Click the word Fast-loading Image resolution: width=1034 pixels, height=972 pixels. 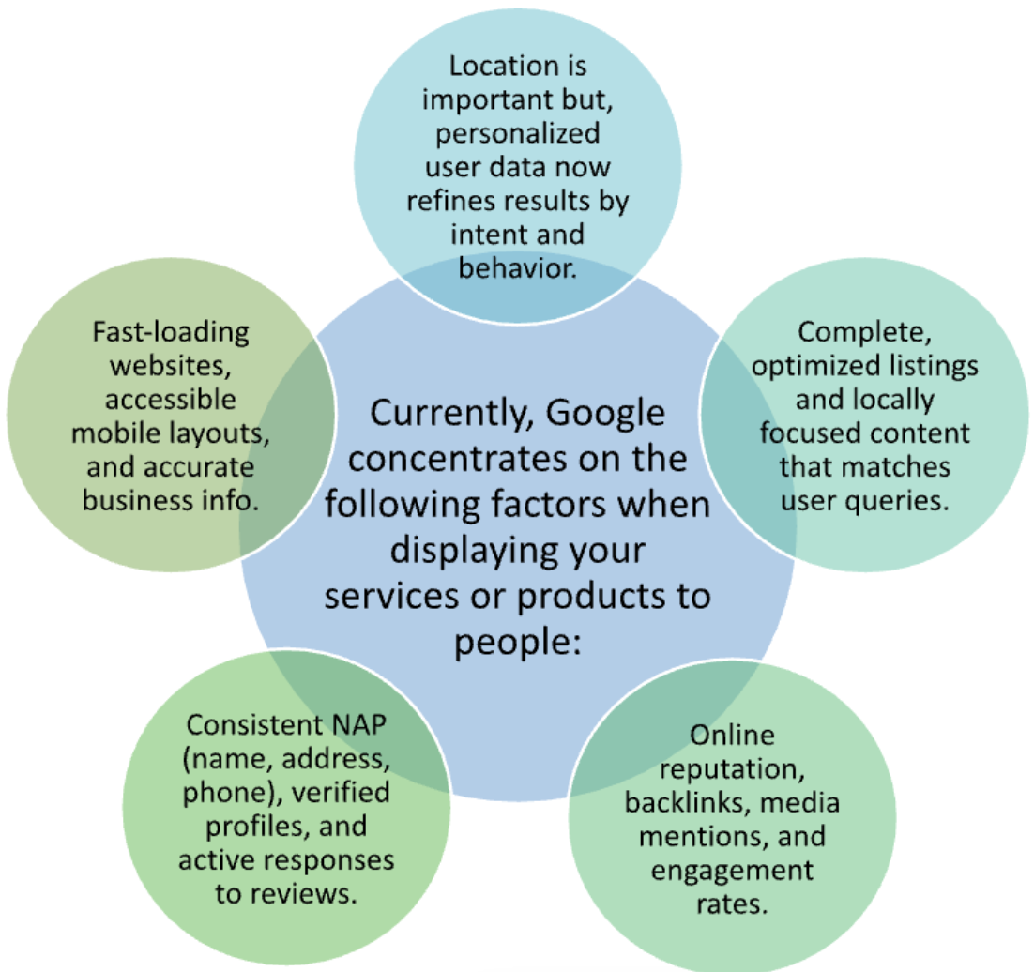(172, 332)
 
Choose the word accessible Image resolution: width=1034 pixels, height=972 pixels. (171, 399)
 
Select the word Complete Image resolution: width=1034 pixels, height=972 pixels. (864, 332)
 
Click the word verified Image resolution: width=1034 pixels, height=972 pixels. (341, 794)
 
